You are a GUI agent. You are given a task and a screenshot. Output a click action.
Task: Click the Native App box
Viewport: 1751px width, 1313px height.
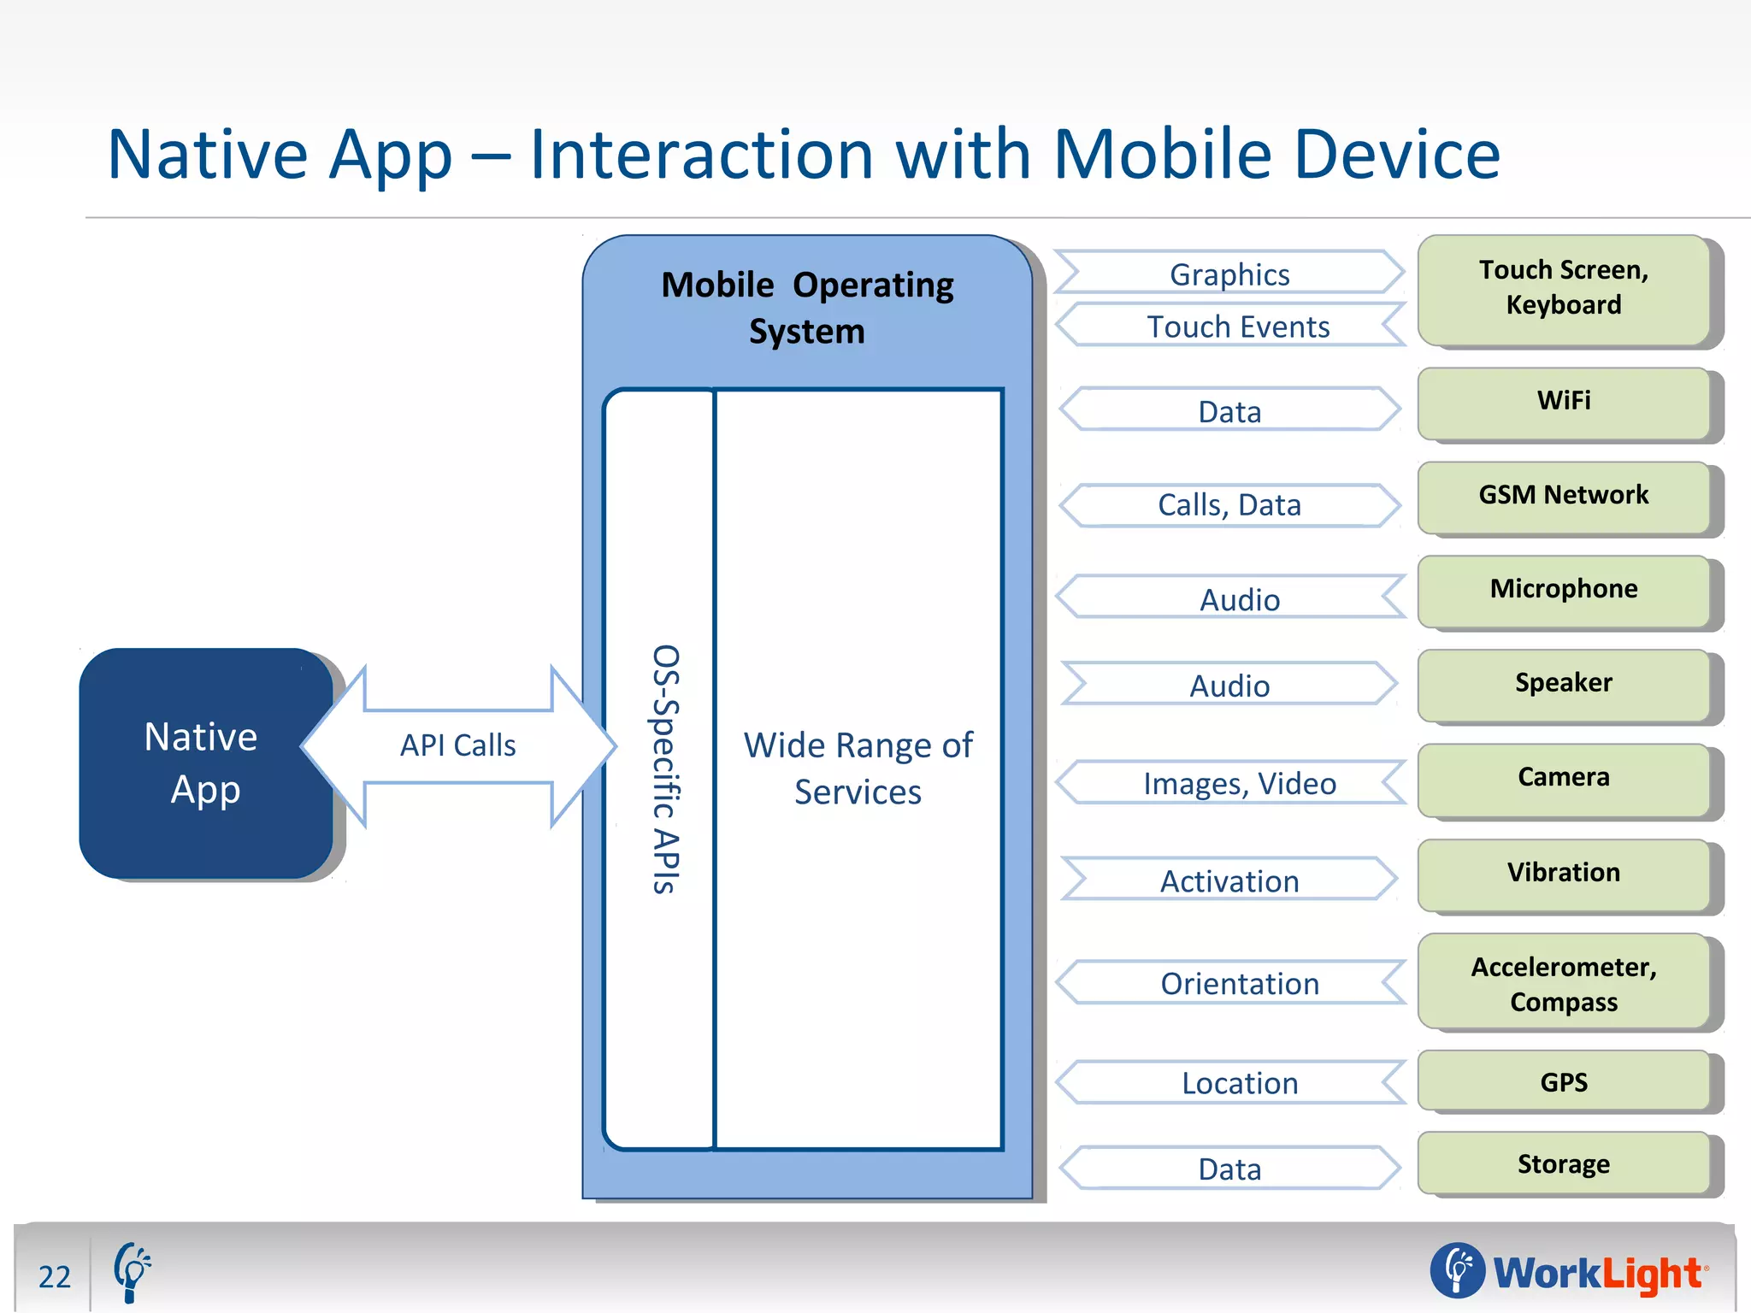coord(205,762)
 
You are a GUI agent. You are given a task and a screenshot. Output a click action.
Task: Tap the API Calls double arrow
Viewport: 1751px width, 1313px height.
coord(458,745)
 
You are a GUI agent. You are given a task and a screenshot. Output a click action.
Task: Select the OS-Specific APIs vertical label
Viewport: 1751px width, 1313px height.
coord(665,769)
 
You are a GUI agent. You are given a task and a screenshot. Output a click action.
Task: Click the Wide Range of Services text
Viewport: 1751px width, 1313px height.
coord(858,768)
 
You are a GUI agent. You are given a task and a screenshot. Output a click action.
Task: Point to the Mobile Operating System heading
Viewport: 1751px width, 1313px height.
coord(807,308)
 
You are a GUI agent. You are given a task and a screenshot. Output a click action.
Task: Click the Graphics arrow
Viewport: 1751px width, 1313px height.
coord(1229,274)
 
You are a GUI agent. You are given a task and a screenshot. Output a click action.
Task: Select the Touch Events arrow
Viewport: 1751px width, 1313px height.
coord(1237,327)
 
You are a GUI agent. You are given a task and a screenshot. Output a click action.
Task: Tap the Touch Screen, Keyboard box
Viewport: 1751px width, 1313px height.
coord(1563,288)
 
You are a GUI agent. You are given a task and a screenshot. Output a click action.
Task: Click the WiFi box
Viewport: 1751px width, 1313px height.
coord(1563,401)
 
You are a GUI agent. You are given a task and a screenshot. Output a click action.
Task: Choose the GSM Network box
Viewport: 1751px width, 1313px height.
coord(1563,495)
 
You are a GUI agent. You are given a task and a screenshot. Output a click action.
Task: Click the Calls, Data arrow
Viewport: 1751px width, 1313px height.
coord(1229,505)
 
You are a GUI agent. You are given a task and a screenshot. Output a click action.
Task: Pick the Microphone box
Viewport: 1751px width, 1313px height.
coord(1563,589)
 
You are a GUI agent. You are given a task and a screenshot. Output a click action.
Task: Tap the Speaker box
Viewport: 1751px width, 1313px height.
coord(1563,683)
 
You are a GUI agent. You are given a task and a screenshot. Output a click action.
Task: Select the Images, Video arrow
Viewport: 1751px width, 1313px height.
coord(1239,784)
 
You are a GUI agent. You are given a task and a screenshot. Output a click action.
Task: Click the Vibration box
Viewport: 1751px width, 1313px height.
coord(1563,873)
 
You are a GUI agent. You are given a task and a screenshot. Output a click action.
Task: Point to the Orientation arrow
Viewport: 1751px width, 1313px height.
coord(1239,984)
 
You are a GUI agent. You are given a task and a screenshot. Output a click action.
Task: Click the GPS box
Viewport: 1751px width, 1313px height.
coord(1563,1082)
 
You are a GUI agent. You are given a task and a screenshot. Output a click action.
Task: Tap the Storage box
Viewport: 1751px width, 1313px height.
coord(1563,1164)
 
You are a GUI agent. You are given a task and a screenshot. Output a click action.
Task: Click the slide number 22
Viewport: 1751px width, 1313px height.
coord(55,1276)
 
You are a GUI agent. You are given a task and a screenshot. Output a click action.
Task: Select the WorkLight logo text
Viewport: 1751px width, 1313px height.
coord(1597,1273)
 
